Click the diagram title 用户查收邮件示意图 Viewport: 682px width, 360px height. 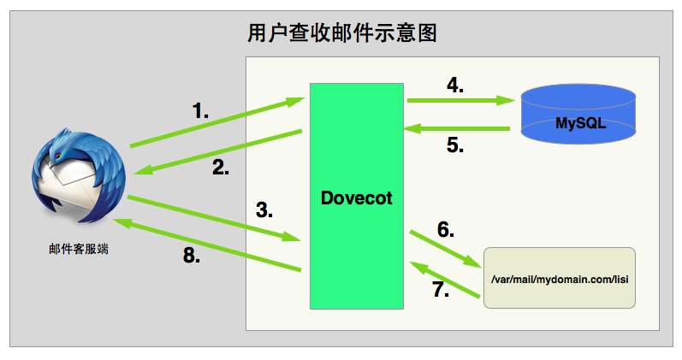coord(341,33)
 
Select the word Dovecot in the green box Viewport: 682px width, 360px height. coord(356,198)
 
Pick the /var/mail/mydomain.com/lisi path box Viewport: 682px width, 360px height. coord(560,278)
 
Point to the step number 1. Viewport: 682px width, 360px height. coord(200,110)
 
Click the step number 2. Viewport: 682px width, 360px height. coord(221,168)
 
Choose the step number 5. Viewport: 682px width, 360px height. coord(454,145)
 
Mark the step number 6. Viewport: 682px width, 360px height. coord(445,229)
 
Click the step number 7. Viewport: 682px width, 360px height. coord(440,290)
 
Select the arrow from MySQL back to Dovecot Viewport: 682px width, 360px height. coord(458,129)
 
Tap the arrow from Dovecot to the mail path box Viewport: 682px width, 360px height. coord(444,249)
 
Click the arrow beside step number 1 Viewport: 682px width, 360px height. coord(216,123)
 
